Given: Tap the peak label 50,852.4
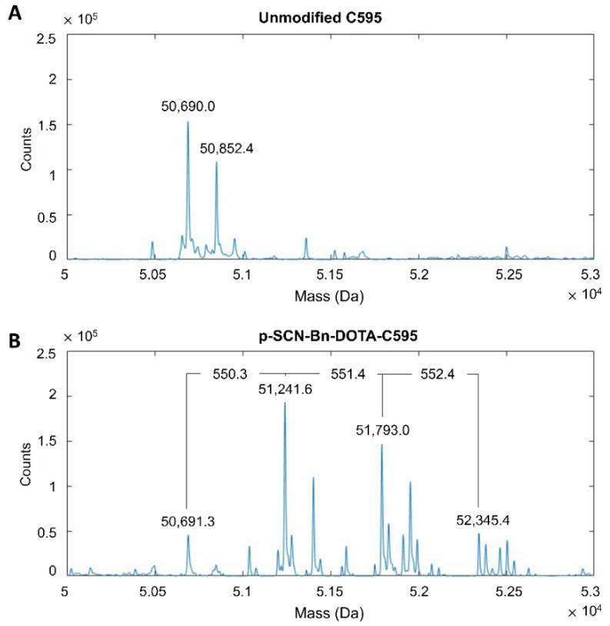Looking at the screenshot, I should click(x=227, y=148).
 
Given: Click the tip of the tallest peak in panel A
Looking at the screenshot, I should click(x=188, y=122).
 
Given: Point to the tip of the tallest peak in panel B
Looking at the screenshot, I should click(x=285, y=403).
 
